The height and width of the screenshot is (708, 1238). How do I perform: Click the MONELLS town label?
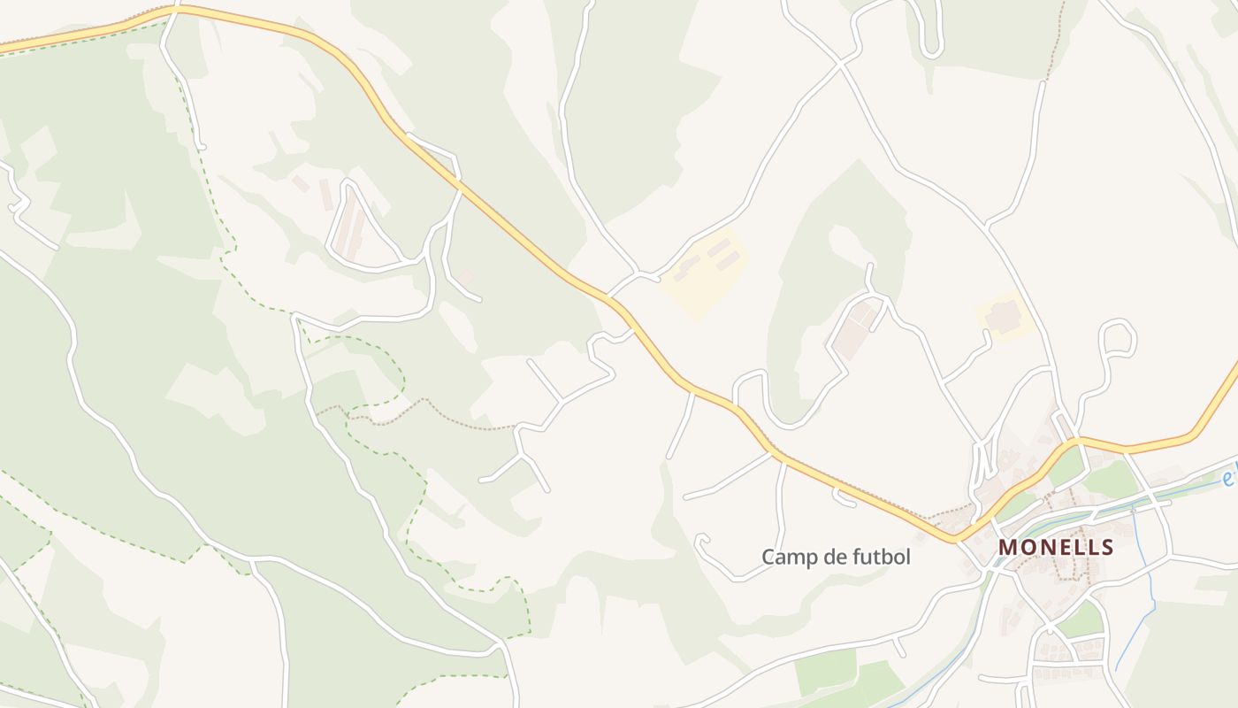pyautogui.click(x=1056, y=548)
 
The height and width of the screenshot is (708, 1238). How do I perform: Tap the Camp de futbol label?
pyautogui.click(x=836, y=558)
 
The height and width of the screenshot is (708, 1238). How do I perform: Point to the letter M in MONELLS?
pyautogui.click(x=1007, y=548)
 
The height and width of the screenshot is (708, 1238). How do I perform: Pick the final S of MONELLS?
pyautogui.click(x=1107, y=548)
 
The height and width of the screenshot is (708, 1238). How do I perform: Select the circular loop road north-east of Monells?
pyautogui.click(x=1118, y=338)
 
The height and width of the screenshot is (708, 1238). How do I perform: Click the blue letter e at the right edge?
pyautogui.click(x=1227, y=479)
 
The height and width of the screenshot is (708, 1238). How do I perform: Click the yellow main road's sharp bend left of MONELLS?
pyautogui.click(x=953, y=538)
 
